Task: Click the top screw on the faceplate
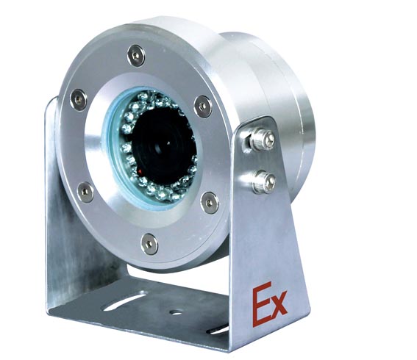136,56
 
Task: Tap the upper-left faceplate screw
78,99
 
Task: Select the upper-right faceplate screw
203,107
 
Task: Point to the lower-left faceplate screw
85,192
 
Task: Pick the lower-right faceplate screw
210,203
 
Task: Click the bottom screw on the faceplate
149,244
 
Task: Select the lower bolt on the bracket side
264,181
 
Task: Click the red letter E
261,304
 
